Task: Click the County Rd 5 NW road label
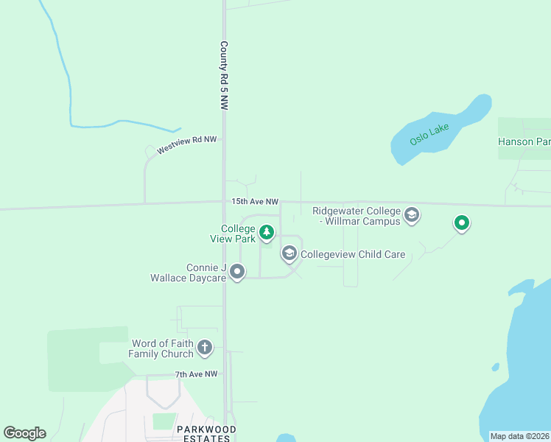(224, 76)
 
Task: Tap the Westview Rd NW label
(186, 144)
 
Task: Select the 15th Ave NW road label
(255, 201)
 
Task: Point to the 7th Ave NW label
(197, 374)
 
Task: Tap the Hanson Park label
(524, 141)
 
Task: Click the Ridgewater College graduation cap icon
(412, 215)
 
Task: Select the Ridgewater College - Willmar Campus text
(357, 216)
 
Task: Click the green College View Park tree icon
(267, 233)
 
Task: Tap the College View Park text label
(237, 234)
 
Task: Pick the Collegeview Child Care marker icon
(289, 254)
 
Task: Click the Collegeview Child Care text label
(353, 255)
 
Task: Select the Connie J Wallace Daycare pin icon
(237, 273)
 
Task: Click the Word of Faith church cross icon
(205, 347)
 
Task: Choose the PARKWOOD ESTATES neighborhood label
(206, 433)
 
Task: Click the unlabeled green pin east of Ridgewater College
(462, 222)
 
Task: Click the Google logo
(25, 433)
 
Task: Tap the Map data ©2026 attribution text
(519, 436)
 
